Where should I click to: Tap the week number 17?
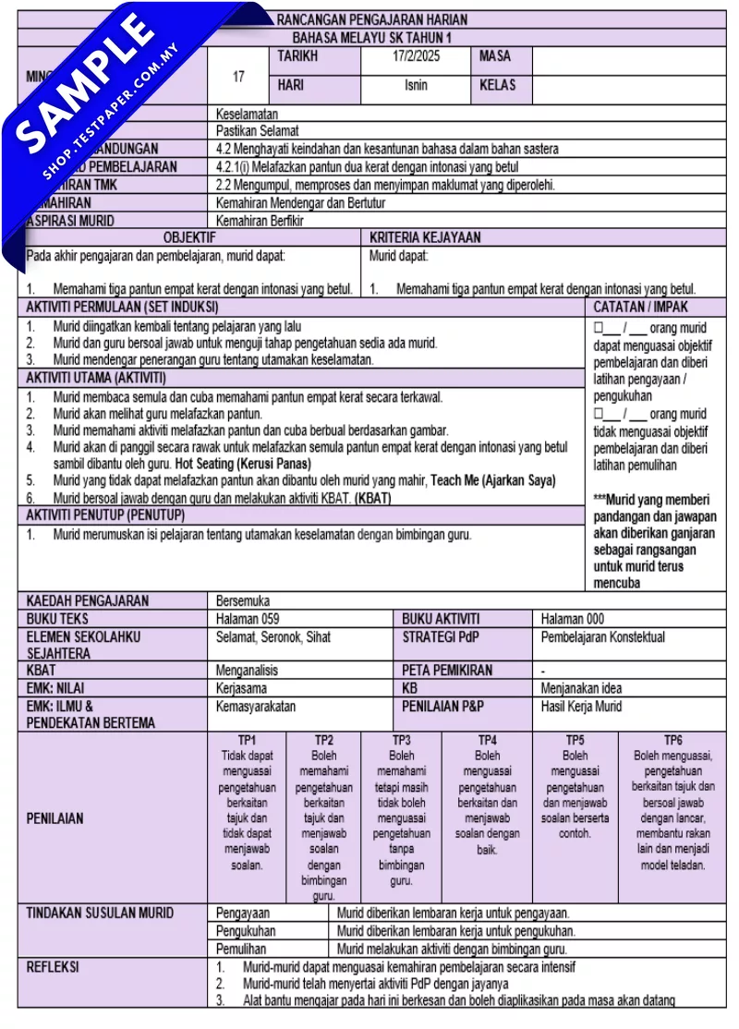[238, 77]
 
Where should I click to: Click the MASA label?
[494, 56]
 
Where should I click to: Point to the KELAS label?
[498, 85]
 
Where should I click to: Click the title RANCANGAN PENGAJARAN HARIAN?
[372, 19]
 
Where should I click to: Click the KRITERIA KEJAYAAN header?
[425, 237]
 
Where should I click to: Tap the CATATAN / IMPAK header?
[640, 307]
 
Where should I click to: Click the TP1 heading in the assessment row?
[247, 740]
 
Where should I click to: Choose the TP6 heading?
[672, 740]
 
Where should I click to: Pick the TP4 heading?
[487, 740]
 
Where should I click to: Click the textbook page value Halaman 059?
[248, 619]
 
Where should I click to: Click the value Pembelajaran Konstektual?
[602, 637]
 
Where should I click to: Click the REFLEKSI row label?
[52, 967]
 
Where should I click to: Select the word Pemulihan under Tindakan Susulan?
[241, 949]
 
